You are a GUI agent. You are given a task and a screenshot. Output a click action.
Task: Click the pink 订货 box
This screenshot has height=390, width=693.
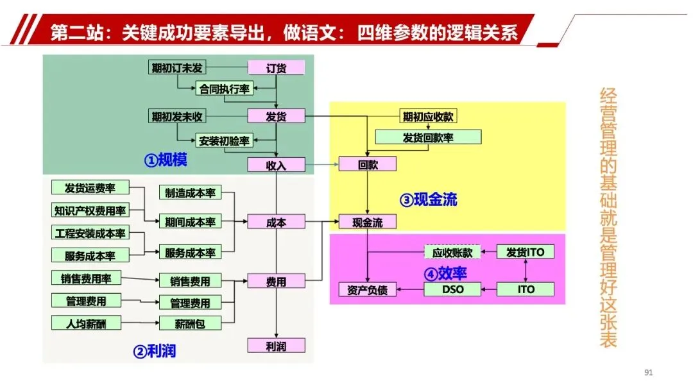276,68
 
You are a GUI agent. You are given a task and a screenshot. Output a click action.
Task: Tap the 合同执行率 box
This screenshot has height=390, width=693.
225,89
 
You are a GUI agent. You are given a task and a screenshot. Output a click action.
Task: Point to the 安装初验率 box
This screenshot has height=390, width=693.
224,140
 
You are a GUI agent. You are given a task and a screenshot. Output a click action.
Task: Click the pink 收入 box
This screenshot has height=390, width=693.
276,165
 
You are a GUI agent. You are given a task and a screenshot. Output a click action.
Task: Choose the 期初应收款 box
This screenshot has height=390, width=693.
429,117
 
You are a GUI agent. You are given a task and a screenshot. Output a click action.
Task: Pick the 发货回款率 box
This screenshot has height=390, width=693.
428,137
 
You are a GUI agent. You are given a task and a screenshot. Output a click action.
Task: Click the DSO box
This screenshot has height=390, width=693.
452,289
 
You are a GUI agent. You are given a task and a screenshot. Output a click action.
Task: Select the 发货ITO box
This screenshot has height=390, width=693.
525,252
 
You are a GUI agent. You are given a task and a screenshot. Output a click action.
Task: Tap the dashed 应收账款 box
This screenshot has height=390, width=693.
452,252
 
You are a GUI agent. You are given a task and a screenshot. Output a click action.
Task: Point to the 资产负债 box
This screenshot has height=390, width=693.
368,290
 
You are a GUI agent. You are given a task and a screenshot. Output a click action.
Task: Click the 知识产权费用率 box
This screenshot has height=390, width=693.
90,210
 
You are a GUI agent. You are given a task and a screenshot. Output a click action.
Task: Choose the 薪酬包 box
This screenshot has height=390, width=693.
190,324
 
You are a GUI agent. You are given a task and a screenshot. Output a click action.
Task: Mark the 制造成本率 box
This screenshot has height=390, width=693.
190,192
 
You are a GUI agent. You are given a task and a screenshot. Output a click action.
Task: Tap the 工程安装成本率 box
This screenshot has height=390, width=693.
90,232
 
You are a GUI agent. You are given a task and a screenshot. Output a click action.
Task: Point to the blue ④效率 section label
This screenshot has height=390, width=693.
445,273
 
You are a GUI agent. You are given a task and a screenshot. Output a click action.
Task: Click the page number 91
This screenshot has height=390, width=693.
647,373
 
